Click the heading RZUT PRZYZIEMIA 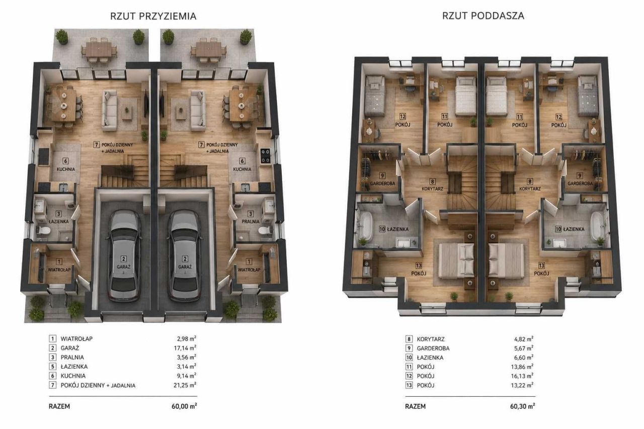[x=153, y=16]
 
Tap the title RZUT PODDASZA [x=483, y=16]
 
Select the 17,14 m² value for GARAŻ [x=185, y=348]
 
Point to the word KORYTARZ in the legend [x=431, y=339]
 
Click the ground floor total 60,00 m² [x=184, y=406]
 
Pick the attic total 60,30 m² [x=522, y=406]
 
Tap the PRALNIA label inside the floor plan [x=251, y=221]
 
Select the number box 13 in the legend [x=409, y=385]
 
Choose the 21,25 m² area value [x=185, y=385]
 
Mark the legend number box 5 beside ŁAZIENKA [x=52, y=367]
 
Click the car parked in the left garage [x=124, y=255]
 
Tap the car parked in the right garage [x=184, y=255]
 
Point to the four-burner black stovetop [x=265, y=156]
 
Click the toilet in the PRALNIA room [x=265, y=230]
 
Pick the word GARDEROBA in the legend [x=433, y=348]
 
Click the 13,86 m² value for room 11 [x=522, y=367]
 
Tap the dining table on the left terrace [x=99, y=49]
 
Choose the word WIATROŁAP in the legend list [x=76, y=339]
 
